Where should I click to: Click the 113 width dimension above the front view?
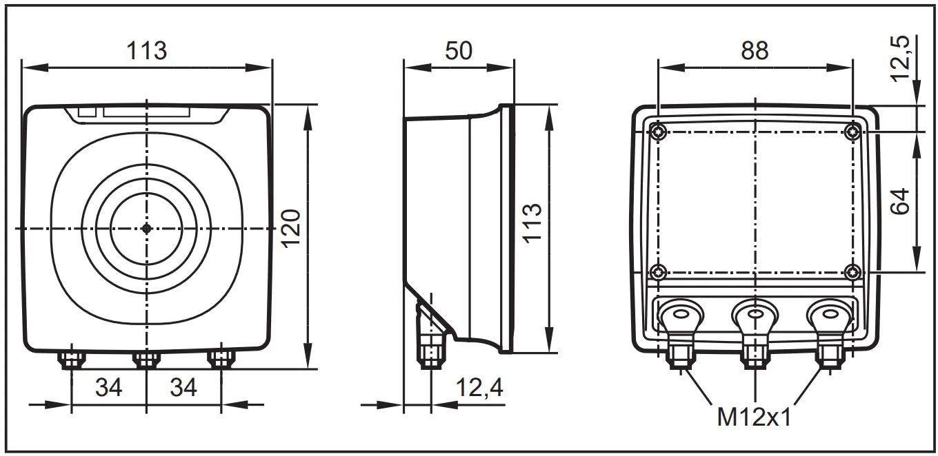[x=147, y=50]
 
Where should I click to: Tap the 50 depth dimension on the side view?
[x=458, y=50]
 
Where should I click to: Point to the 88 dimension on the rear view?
[x=755, y=50]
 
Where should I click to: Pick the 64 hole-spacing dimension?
[x=901, y=201]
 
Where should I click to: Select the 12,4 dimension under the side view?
[x=479, y=388]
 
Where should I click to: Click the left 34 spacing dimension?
[x=109, y=388]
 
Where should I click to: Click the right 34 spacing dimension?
[x=183, y=388]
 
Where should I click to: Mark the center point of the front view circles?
[x=146, y=229]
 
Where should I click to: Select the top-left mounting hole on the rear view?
[x=659, y=132]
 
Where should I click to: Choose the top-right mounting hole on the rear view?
[x=853, y=132]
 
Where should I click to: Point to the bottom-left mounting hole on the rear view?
[x=659, y=271]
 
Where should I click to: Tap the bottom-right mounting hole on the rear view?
[x=853, y=271]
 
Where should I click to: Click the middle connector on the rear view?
[x=755, y=324]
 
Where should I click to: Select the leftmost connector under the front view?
[x=72, y=359]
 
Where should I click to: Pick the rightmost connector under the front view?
[x=221, y=359]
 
